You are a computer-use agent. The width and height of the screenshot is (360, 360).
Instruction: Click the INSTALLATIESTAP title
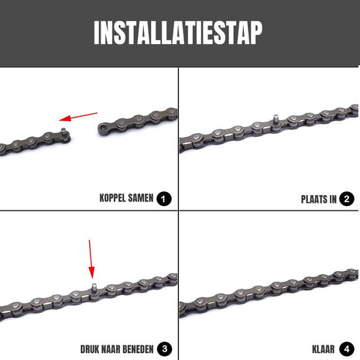178,33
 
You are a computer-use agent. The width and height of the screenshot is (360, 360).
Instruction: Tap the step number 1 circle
163,199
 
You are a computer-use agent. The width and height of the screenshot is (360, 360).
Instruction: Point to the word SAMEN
140,199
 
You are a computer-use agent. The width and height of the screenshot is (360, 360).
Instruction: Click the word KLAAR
319,347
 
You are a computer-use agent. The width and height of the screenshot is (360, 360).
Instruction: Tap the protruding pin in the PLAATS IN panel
275,118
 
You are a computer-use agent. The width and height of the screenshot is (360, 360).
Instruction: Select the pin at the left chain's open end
63,130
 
